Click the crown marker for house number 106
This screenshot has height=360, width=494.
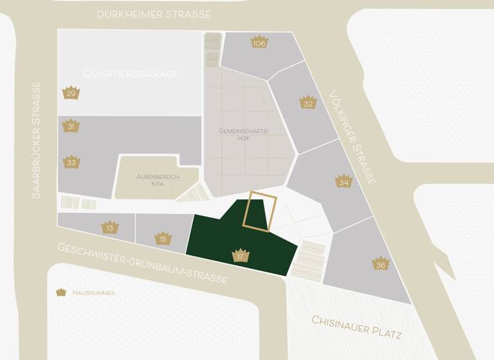coord(259,42)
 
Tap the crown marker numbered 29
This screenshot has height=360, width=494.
coord(71,93)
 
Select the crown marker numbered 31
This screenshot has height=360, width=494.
coord(71,126)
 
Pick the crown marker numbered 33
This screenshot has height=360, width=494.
coord(71,161)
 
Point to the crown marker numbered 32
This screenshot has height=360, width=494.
coord(308,102)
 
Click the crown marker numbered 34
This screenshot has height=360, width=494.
coord(344,181)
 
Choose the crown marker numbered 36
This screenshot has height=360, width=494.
coord(381,264)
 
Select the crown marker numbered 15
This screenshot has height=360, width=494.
coord(163,239)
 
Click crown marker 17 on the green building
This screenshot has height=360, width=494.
coord(241,256)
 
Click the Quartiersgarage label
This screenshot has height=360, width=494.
coord(131,74)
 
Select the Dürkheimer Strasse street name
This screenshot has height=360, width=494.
coord(154,14)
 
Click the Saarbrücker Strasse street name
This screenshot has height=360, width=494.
coord(36,139)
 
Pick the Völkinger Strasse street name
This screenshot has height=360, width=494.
coord(351,138)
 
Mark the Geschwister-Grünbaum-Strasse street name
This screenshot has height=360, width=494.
coord(142,264)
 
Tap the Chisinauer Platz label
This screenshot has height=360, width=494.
coord(356,327)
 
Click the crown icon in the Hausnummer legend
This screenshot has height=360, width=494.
coord(61,292)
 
